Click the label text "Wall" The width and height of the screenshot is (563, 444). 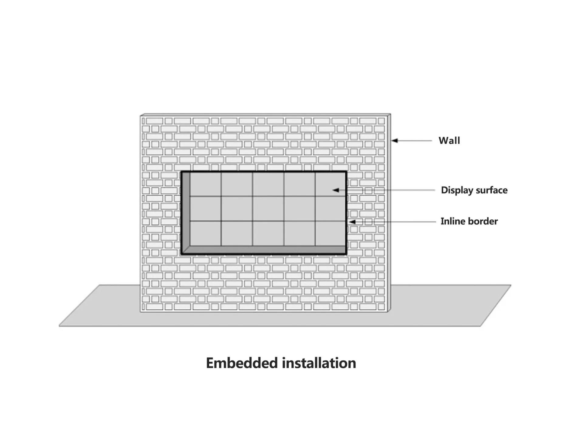(449, 140)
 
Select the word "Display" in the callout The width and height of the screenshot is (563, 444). (457, 190)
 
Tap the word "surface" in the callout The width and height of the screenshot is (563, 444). (491, 190)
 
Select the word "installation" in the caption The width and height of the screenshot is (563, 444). (319, 363)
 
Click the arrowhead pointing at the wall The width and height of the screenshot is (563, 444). (394, 140)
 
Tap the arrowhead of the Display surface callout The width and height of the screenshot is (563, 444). (336, 190)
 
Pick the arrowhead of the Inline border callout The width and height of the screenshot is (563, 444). (352, 222)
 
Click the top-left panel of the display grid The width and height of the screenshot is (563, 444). (205, 184)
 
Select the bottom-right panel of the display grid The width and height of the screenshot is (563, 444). (330, 233)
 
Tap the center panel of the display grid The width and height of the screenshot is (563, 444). (268, 209)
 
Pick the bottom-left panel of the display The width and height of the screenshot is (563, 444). (205, 233)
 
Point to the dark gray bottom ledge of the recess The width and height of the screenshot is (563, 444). (264, 250)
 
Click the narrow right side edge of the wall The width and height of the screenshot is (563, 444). (389, 213)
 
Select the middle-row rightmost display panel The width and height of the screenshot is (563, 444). (330, 209)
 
